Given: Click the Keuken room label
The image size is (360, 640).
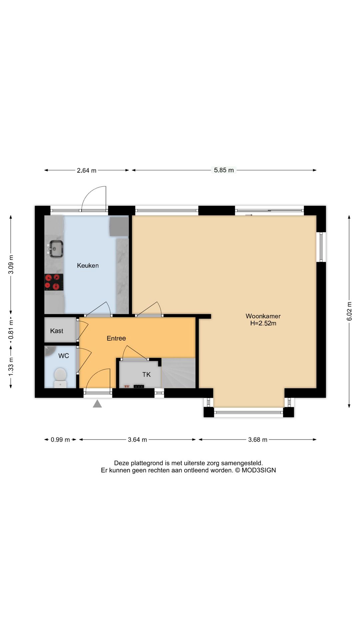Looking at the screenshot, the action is click(88, 266).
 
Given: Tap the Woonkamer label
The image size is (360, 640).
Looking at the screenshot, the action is click(263, 316).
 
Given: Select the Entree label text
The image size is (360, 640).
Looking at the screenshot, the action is click(116, 338).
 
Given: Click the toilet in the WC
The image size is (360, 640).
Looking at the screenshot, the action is click(60, 377).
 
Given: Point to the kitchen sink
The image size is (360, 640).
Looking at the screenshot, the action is click(56, 249).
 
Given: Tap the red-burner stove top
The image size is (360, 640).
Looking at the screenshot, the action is click(54, 282).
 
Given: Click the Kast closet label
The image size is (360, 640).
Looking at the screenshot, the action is click(57, 331).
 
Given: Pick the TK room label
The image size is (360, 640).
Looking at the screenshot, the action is click(146, 375).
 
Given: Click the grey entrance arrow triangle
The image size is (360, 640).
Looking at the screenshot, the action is click(97, 404).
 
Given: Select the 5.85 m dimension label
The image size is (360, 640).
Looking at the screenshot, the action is click(224, 170).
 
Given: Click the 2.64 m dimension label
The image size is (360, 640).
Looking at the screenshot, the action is click(87, 170).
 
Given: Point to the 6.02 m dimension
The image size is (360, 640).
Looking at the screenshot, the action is click(349, 311).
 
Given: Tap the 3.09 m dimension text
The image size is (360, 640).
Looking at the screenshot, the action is click(11, 264).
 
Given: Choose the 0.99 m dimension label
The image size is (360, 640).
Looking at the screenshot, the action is click(60, 440).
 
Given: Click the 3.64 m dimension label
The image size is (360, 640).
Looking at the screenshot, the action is click(137, 440).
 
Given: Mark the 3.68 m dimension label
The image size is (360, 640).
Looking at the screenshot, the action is click(258, 440).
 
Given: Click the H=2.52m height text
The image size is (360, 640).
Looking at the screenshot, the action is click(263, 323).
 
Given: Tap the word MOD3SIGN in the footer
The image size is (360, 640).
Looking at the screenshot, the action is click(259, 470).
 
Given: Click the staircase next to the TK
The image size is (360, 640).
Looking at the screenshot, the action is click(179, 373).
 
